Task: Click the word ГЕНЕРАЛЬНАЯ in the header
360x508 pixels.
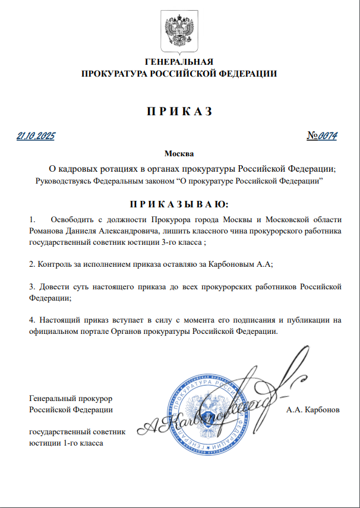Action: pos(179,62)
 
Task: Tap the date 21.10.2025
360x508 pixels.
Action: pos(36,136)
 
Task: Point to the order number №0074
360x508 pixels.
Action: pos(323,136)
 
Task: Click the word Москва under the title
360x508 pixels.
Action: pos(179,153)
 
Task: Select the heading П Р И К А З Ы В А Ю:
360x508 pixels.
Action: pos(179,204)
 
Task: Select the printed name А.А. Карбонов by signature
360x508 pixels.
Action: pos(312,410)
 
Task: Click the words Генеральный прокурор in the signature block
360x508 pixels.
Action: pos(71,398)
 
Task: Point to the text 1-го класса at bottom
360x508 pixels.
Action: pos(83,443)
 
